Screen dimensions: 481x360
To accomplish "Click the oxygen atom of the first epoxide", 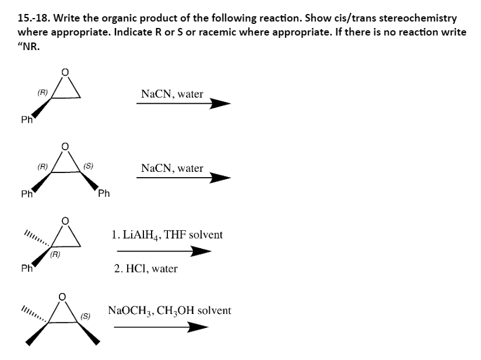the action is [x=66, y=72].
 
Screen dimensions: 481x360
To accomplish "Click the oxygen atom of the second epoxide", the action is [x=66, y=145].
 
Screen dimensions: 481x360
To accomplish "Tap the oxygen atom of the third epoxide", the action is [x=66, y=221].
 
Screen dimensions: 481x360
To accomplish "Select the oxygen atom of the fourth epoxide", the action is [x=66, y=297].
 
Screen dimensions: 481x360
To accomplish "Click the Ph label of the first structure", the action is [x=26, y=120].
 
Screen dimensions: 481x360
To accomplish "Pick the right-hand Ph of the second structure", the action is [x=104, y=193].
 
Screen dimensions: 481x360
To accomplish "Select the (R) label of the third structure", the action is [x=56, y=255].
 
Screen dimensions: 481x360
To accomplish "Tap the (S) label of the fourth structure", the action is [x=85, y=317].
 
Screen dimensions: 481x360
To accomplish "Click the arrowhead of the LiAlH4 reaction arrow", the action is [x=201, y=252].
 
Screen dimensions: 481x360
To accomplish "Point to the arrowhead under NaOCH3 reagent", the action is [x=198, y=327].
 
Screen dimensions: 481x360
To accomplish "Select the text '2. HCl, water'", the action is [x=146, y=269].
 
